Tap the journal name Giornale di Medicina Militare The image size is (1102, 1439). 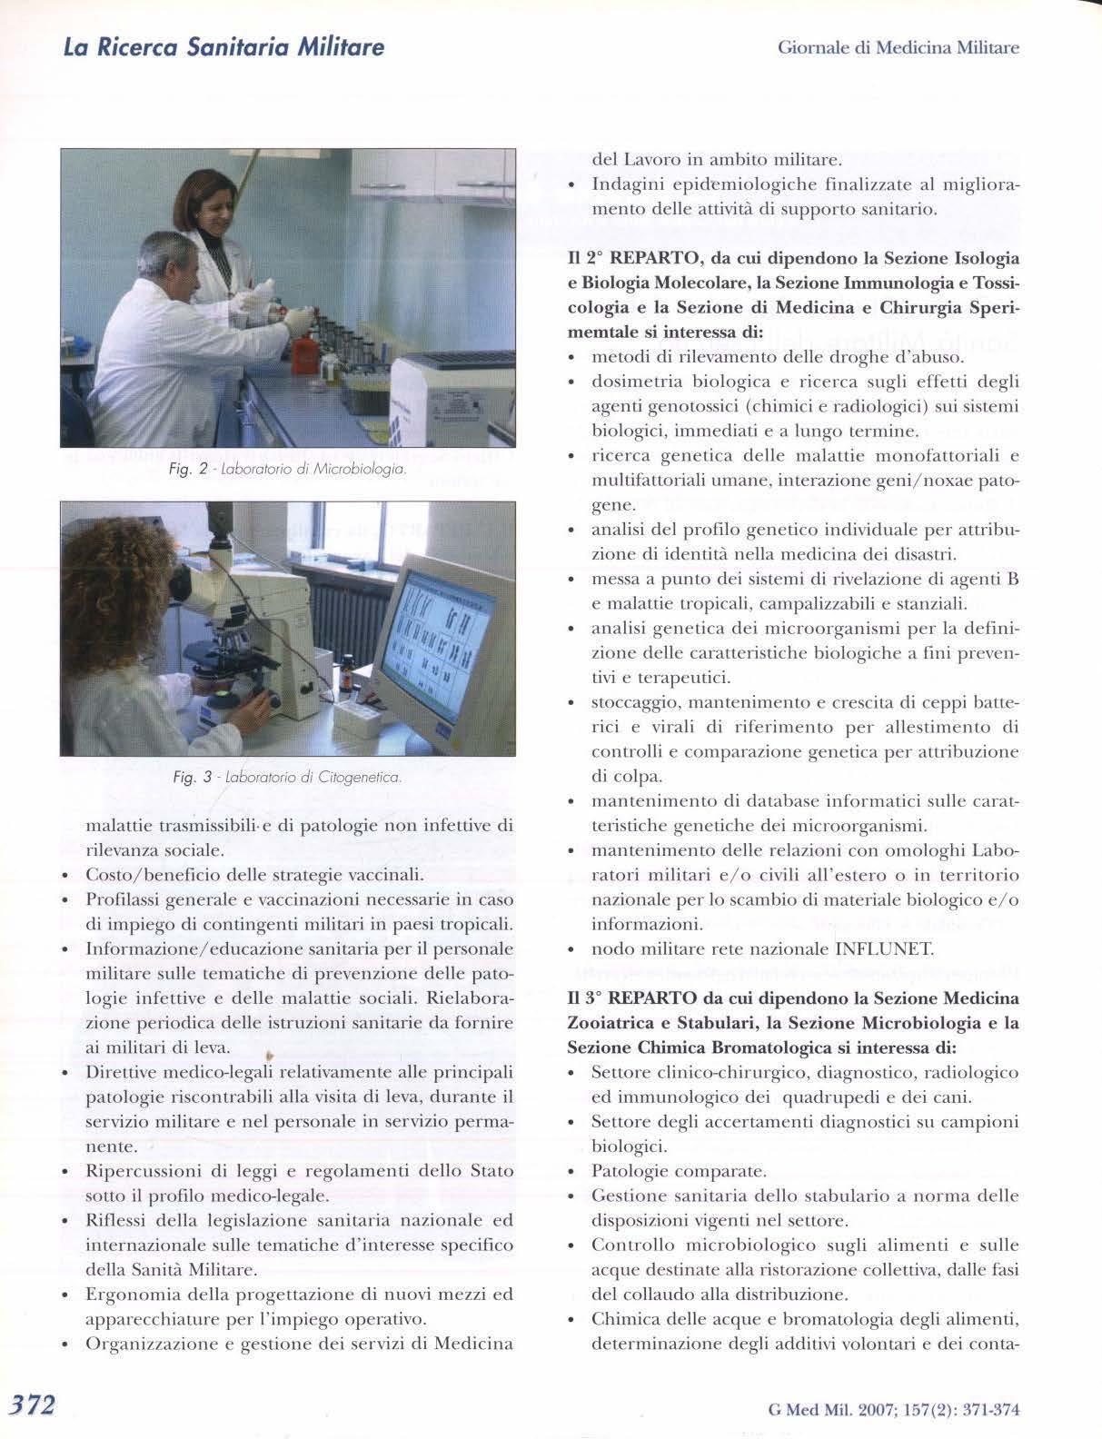click(898, 47)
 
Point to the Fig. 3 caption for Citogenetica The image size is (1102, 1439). click(287, 778)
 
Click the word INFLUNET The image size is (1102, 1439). click(883, 949)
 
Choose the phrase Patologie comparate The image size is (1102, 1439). click(679, 1171)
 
